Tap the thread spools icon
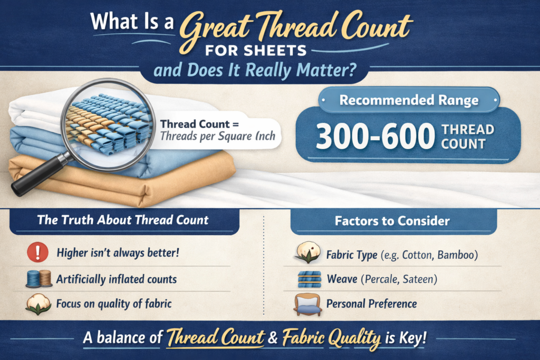point(37,278)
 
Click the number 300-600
point(372,137)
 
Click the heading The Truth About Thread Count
point(123,220)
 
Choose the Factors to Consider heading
point(392,221)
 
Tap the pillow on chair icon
point(308,304)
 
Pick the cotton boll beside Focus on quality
point(37,304)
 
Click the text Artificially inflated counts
point(116,278)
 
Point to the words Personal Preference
point(371,304)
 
